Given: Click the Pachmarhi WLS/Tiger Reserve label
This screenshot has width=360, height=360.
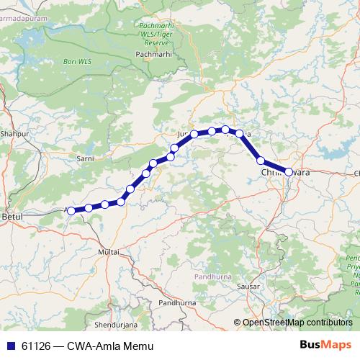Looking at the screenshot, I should click(157, 34).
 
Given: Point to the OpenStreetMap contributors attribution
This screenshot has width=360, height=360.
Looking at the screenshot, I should click(297, 323).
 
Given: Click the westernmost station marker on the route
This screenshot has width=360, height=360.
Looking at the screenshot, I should click(71, 210).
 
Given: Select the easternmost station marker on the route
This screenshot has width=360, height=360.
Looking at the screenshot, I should click(289, 172).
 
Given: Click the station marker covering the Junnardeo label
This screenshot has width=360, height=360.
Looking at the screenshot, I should click(194, 134).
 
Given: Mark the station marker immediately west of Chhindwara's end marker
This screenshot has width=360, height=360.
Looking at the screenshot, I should click(261, 161).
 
